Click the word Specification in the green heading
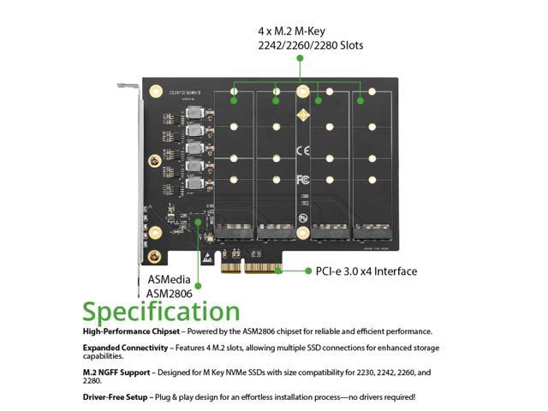click(x=161, y=310)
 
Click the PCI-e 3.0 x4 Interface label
click(x=366, y=271)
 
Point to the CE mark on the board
click(x=301, y=151)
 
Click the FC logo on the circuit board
click(x=302, y=181)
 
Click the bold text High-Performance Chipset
click(x=131, y=331)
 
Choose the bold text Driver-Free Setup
click(x=116, y=397)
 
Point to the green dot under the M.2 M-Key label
click(x=301, y=58)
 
